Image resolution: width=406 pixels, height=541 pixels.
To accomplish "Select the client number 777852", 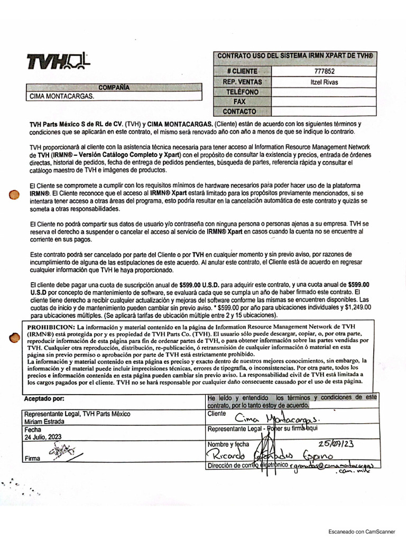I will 324,71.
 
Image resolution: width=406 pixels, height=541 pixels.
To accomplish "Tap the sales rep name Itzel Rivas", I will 324,82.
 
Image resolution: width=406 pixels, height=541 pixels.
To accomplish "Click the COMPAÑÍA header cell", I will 114,88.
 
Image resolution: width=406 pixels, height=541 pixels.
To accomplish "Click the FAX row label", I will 239,101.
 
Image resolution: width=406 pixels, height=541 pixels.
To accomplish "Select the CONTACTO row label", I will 239,111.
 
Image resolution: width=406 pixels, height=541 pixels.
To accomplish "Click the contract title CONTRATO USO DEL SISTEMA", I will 296,55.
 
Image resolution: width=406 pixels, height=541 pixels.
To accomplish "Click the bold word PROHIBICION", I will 49,328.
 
